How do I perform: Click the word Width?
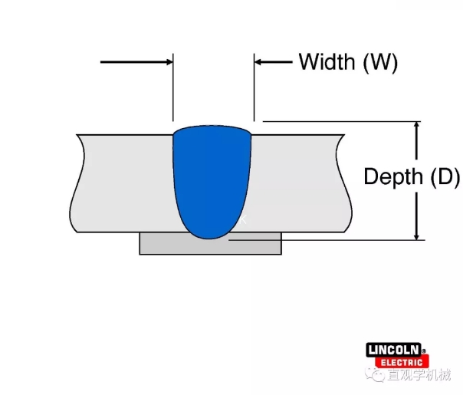(x=327, y=62)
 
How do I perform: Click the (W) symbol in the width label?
(x=379, y=62)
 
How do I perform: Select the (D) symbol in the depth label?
(x=444, y=177)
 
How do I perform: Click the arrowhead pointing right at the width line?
(x=166, y=62)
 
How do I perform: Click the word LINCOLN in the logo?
(x=396, y=351)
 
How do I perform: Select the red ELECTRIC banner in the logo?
(x=399, y=362)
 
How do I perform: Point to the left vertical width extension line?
(x=174, y=92)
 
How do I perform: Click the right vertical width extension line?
(x=254, y=92)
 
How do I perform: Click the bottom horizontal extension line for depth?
(x=345, y=240)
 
